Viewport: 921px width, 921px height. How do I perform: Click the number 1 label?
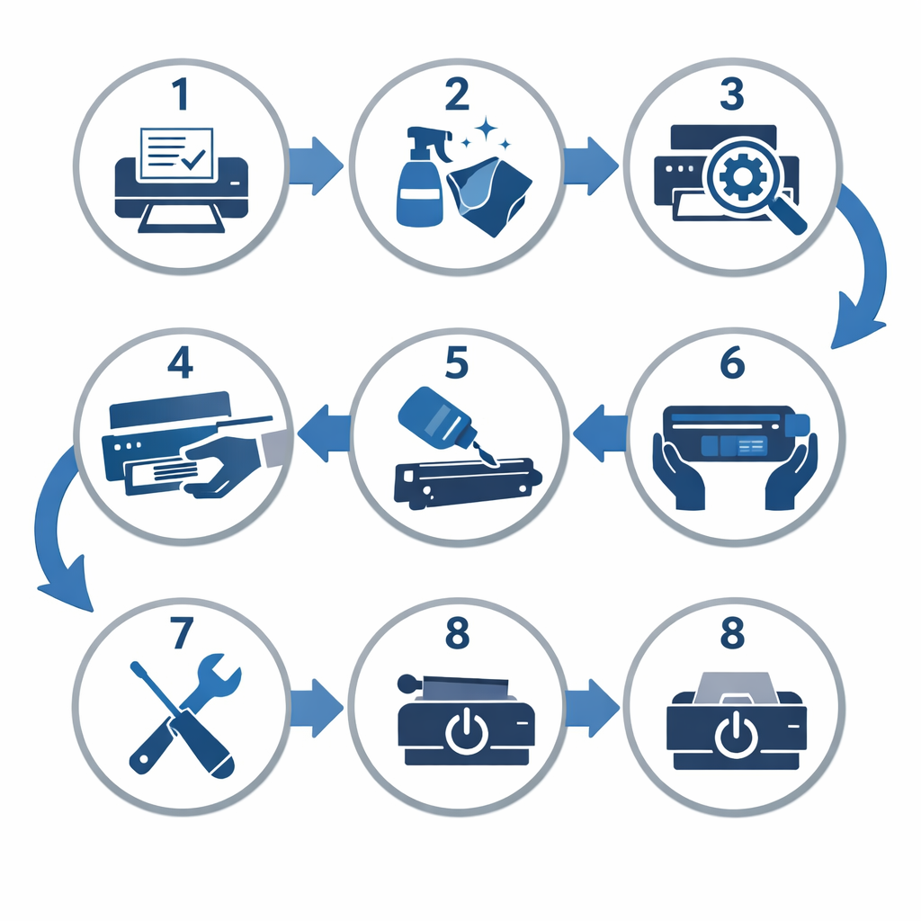point(181,94)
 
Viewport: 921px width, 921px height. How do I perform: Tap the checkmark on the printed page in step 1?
point(193,158)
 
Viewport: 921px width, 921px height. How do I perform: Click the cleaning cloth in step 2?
point(489,195)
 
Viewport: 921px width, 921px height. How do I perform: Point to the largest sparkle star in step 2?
point(486,130)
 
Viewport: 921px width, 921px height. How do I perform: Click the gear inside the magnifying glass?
point(742,176)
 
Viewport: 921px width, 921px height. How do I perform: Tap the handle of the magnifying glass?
point(788,216)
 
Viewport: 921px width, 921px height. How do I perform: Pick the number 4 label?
point(180,362)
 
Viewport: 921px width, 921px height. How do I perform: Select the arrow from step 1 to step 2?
point(316,165)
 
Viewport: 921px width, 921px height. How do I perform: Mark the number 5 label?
point(456,362)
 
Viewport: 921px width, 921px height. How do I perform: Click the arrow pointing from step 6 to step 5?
point(600,433)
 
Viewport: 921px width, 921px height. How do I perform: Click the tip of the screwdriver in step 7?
point(135,666)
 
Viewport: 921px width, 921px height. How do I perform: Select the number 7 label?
point(181,632)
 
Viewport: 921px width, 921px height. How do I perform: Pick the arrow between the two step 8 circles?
point(592,708)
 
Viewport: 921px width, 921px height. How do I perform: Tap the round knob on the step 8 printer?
point(407,684)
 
